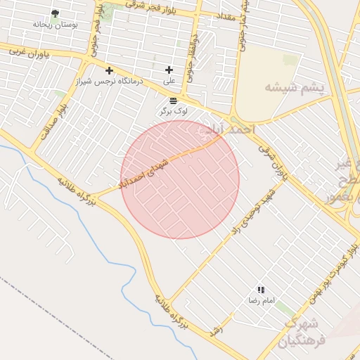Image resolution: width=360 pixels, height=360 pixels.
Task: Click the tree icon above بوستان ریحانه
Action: (x=56, y=13)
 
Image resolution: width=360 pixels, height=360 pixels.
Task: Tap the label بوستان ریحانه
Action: (x=56, y=24)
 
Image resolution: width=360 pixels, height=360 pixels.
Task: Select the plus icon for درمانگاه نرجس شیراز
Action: (x=109, y=70)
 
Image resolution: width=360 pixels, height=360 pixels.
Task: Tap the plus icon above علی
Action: (x=169, y=70)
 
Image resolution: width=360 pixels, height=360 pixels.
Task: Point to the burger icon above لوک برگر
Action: (x=173, y=101)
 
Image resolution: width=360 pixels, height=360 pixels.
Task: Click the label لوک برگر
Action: (x=173, y=111)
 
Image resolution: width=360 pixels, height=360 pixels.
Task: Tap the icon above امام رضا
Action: (x=261, y=290)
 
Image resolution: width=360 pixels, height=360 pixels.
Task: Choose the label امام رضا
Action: (x=261, y=300)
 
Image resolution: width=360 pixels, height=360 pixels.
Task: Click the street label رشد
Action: (x=217, y=329)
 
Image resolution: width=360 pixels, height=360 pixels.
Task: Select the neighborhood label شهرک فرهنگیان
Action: (x=302, y=332)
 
